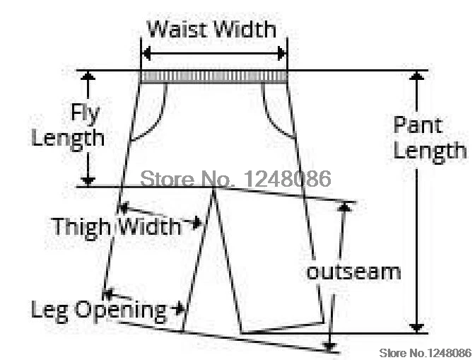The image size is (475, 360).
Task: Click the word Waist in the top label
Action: (175, 30)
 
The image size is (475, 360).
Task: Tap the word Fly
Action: (85, 112)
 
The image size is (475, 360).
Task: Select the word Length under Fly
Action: (68, 137)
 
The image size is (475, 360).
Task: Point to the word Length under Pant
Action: (430, 151)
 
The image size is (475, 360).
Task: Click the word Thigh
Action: (81, 227)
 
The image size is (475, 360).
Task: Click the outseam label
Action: (353, 271)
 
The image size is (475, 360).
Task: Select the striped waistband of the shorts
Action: (214, 76)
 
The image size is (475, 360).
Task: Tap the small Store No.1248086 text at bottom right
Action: (425, 352)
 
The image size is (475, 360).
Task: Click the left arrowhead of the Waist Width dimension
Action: (146, 54)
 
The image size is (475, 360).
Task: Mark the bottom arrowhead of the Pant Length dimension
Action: (418, 327)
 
